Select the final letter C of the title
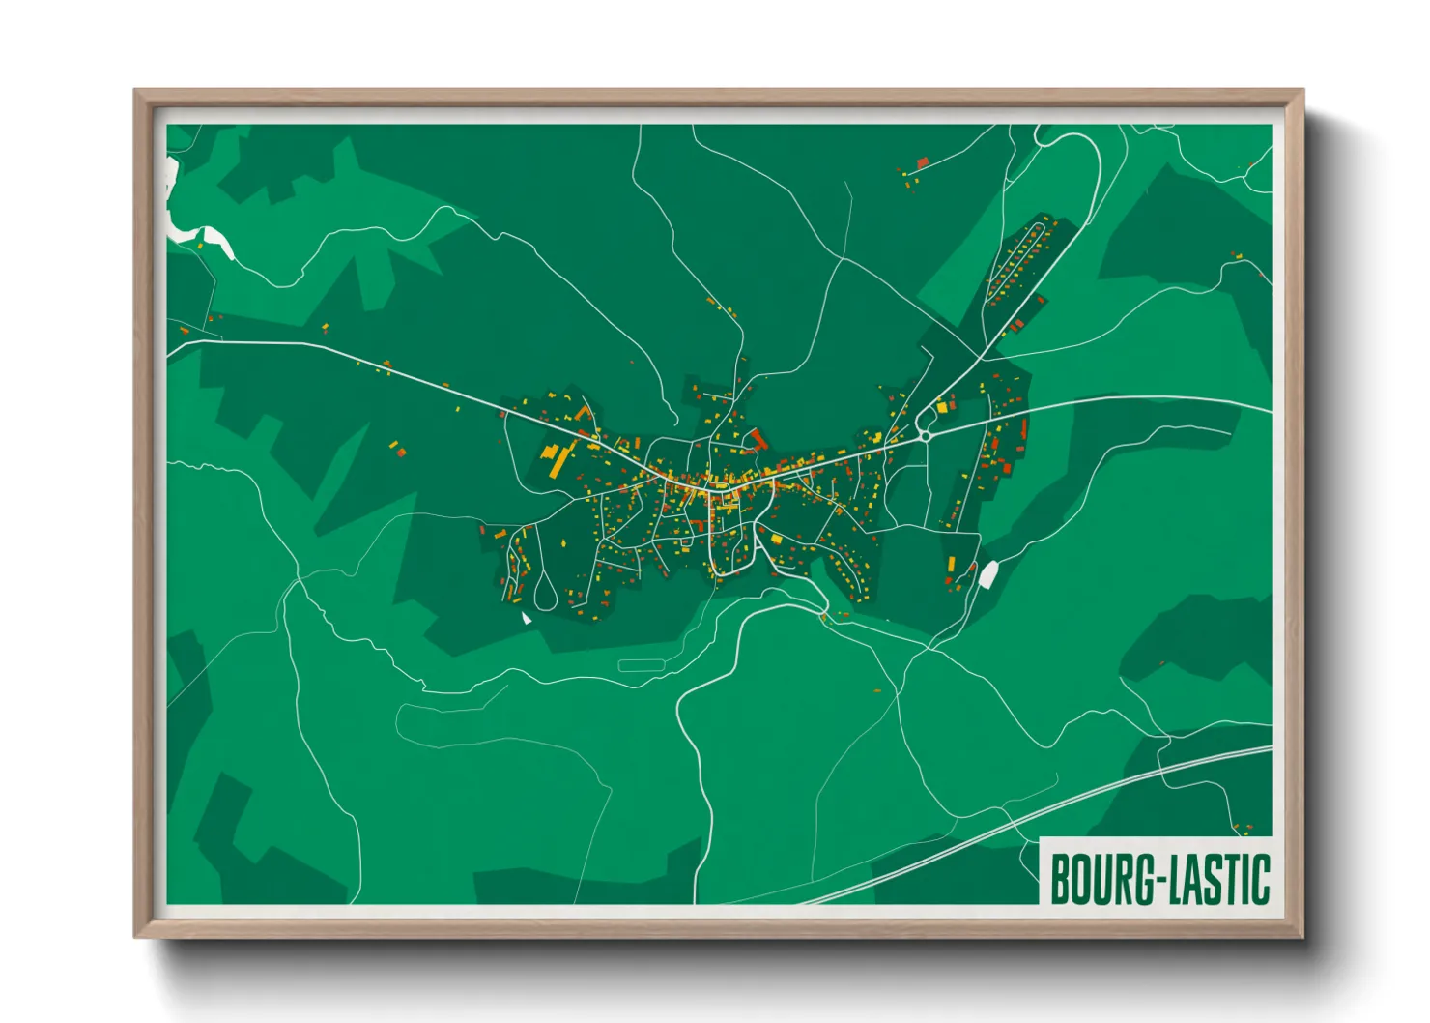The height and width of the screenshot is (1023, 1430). [x=1260, y=879]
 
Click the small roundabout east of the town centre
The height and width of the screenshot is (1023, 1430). [x=925, y=436]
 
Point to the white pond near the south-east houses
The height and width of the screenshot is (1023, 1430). [x=988, y=574]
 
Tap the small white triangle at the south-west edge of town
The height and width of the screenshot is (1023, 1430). [x=526, y=617]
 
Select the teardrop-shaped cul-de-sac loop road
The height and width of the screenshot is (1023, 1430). [x=545, y=591]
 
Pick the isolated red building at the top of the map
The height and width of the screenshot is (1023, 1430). [x=922, y=161]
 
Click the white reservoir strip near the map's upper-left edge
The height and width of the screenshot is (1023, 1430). [x=198, y=235]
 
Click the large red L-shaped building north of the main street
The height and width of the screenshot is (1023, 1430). [x=758, y=440]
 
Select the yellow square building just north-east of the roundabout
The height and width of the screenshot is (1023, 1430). [x=942, y=408]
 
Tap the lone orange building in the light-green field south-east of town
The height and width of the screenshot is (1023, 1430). [x=877, y=690]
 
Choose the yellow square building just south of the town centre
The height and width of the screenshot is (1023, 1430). [x=776, y=540]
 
